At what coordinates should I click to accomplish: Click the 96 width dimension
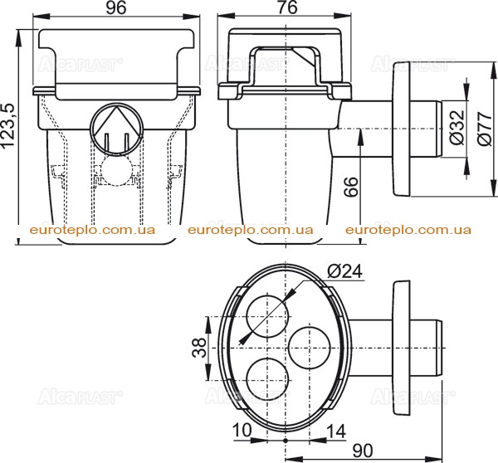click(x=116, y=8)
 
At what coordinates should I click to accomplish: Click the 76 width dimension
click(x=287, y=8)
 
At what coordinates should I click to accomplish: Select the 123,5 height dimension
click(x=8, y=125)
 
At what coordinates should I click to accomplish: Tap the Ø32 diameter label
click(x=457, y=127)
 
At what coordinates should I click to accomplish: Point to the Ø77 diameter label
click(x=485, y=129)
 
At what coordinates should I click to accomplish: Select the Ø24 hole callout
click(x=344, y=272)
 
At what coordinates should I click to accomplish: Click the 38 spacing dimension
click(x=200, y=348)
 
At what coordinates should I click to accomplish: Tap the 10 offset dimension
click(x=242, y=431)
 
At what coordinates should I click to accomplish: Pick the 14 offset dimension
click(x=335, y=431)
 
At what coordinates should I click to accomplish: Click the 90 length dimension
click(x=363, y=451)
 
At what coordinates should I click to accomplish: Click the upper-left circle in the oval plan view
click(x=268, y=316)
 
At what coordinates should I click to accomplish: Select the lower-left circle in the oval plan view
click(x=268, y=379)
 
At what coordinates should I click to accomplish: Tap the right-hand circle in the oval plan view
click(x=310, y=348)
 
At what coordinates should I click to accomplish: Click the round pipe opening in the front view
click(x=117, y=129)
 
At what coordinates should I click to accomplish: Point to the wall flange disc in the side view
click(x=401, y=129)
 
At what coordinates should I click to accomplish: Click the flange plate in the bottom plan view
click(x=401, y=348)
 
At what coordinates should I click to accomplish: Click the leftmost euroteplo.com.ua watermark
click(x=92, y=230)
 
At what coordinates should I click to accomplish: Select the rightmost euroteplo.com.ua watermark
click(x=408, y=230)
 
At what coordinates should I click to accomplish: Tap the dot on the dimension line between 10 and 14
click(x=286, y=441)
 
